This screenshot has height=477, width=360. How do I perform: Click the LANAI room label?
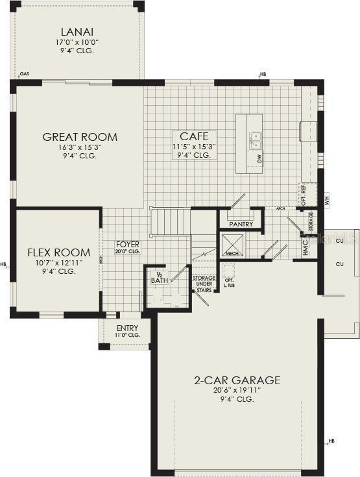(77, 32)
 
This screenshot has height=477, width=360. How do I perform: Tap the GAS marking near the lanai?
(24, 75)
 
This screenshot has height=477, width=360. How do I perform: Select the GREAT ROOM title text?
(80, 137)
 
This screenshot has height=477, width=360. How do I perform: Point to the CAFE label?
(194, 136)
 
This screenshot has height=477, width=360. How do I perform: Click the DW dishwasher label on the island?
(259, 158)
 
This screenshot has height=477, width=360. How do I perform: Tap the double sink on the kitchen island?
(255, 140)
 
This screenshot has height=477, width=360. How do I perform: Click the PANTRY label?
(241, 224)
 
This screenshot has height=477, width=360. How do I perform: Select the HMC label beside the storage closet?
(306, 247)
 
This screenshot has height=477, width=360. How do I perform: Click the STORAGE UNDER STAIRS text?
(203, 284)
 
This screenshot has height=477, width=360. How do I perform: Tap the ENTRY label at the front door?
(127, 328)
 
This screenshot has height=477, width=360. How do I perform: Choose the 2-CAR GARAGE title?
(237, 380)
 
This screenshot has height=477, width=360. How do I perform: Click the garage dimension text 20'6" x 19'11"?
(237, 391)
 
